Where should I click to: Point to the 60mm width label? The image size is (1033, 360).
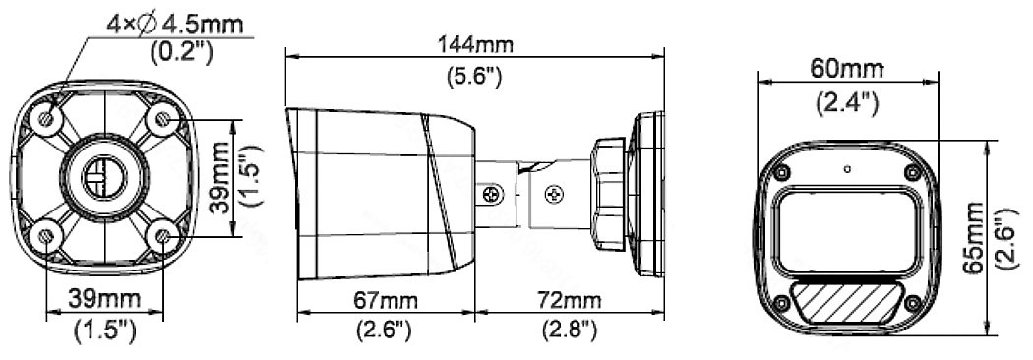[x=846, y=68]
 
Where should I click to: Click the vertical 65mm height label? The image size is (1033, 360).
[x=973, y=238]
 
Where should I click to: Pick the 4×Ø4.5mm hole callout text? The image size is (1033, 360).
[x=175, y=25]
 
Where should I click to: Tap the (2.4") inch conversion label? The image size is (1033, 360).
[x=846, y=103]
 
